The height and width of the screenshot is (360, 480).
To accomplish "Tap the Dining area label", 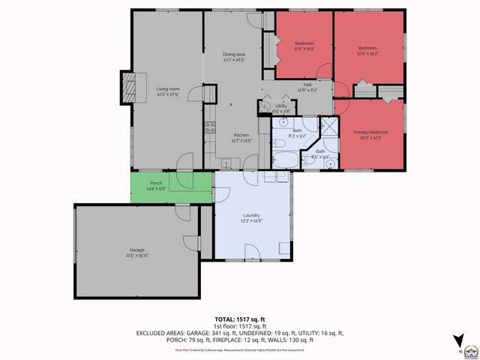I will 234,55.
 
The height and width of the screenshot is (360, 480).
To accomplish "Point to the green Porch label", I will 156,183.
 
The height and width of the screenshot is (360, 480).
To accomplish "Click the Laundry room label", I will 250,214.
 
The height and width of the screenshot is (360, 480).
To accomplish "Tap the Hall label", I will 307,85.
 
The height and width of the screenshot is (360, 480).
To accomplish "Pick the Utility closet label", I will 281,106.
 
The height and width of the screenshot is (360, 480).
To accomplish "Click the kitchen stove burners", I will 211,127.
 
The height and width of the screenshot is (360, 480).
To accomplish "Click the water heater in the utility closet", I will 267,106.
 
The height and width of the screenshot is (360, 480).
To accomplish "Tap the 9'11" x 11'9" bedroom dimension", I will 304,49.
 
